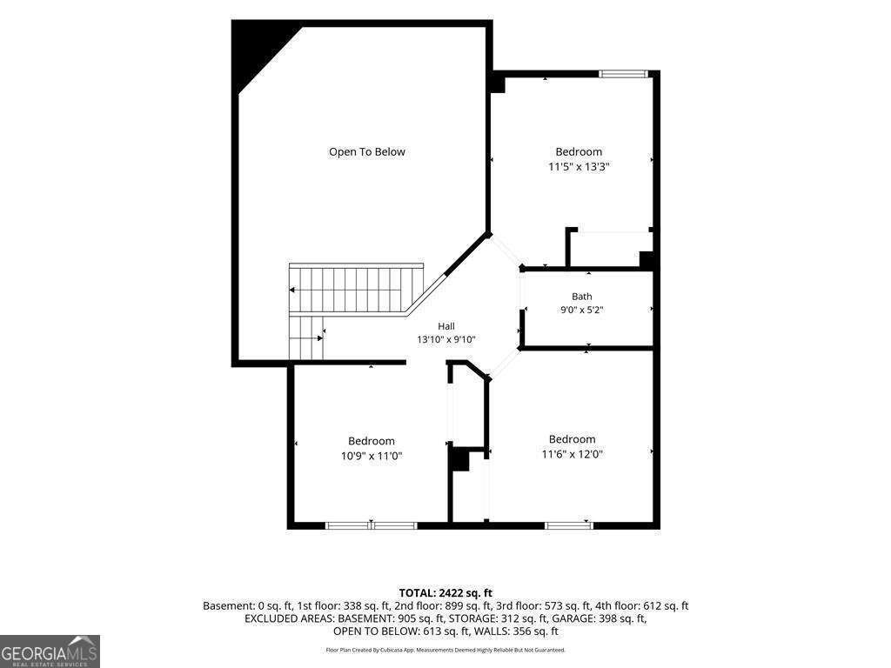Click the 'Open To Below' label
pos(367,152)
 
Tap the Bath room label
pos(582,297)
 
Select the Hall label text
pos(446,326)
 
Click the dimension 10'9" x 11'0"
pos(372,456)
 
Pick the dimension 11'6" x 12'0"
pos(573,454)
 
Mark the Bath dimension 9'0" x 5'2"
pos(582,311)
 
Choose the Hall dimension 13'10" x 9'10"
pos(446,340)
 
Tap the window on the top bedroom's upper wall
pos(624,73)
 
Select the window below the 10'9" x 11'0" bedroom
pos(372,525)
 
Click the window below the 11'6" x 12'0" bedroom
pos(569,525)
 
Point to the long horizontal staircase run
pos(356,289)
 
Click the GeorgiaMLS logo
pos(50,651)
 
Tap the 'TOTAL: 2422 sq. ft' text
pos(445,593)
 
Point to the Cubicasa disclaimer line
pos(445,650)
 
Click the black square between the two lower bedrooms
pos(459,459)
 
